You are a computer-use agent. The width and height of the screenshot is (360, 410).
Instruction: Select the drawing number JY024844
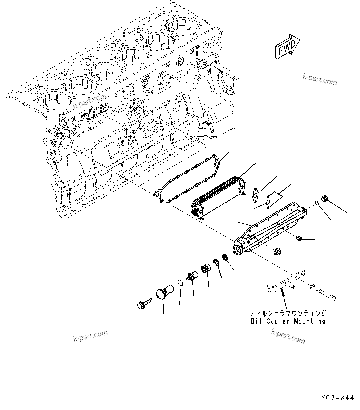coord(335,398)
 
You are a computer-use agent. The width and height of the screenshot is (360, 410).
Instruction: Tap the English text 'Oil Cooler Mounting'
coord(288,321)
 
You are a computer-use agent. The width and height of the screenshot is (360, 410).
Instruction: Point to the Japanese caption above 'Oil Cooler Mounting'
coord(288,313)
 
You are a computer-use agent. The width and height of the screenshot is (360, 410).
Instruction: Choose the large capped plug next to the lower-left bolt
coord(164,293)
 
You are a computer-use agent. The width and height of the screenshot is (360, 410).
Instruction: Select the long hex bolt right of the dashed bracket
coord(327,295)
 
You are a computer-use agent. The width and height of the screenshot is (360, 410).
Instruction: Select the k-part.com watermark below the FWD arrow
coord(320,80)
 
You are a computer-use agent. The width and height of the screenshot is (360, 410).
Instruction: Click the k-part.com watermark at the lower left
coord(90,336)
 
